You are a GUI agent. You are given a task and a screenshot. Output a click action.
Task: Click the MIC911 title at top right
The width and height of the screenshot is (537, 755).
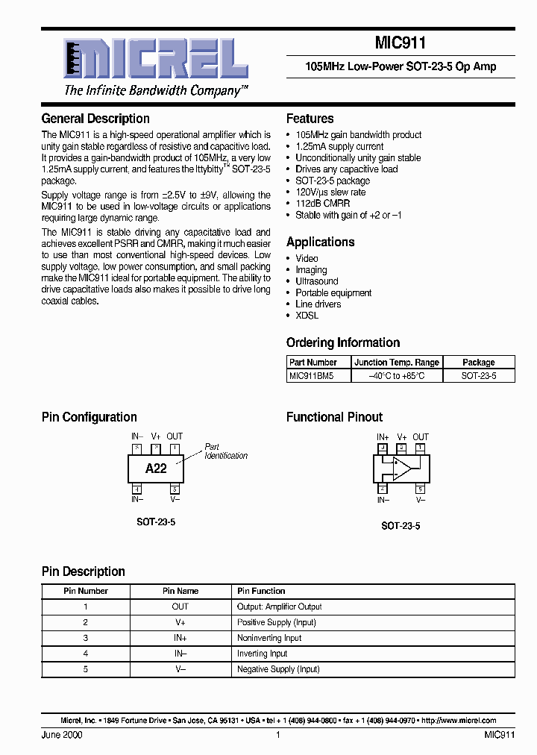click(x=400, y=44)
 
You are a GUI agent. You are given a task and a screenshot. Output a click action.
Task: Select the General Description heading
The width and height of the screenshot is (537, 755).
click(x=95, y=119)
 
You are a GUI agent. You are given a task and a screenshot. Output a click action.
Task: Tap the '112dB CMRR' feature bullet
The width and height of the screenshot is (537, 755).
click(x=322, y=203)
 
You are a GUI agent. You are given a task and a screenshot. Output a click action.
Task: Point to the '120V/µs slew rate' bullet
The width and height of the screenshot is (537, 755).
click(x=330, y=192)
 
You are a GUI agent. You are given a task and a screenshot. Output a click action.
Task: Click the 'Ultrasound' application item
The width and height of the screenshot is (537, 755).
click(x=316, y=281)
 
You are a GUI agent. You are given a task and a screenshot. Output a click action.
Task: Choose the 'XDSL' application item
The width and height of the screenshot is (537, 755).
click(x=307, y=316)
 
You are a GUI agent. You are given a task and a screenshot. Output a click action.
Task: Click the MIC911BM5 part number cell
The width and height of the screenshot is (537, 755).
click(x=311, y=376)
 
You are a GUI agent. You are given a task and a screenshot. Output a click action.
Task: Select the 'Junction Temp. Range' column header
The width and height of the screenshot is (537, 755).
click(x=396, y=363)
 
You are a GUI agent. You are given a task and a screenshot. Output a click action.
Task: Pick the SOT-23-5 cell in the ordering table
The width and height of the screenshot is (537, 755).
click(x=478, y=376)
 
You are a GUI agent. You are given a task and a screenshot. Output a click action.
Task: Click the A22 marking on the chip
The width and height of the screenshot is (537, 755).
click(x=156, y=469)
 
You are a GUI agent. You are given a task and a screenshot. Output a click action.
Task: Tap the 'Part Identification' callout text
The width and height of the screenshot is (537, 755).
click(x=225, y=451)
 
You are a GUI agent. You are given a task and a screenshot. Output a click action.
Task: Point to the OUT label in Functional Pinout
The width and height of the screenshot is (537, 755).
click(x=421, y=437)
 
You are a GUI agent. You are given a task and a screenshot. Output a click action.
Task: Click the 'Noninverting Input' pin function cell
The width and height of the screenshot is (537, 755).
click(x=269, y=638)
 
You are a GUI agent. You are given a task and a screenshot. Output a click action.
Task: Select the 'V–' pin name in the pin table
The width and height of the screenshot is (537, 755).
click(x=180, y=669)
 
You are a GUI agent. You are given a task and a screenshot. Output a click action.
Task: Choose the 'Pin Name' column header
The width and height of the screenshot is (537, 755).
click(x=180, y=591)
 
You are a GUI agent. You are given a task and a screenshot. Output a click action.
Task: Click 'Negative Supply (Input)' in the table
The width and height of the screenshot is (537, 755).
click(x=278, y=669)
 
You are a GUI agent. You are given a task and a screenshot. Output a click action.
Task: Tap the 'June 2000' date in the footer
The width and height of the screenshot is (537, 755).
click(x=62, y=735)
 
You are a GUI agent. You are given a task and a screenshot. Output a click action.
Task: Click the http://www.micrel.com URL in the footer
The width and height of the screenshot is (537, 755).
click(x=459, y=721)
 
